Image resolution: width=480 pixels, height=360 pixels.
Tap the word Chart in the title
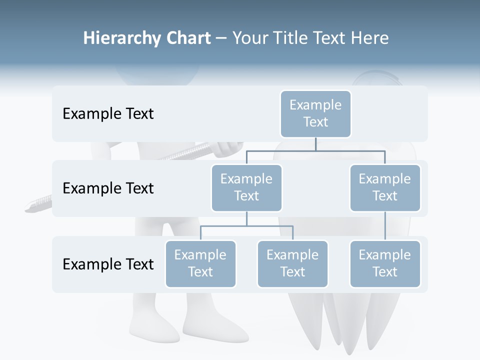tap(188, 38)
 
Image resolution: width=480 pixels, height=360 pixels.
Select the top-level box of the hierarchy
tap(315, 113)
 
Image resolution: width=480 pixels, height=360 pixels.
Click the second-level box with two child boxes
tap(246, 187)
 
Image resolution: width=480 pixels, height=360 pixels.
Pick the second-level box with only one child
tap(385, 187)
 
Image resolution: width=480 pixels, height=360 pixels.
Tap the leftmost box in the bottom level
tap(200, 263)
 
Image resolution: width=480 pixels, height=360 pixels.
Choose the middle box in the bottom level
tap(292, 263)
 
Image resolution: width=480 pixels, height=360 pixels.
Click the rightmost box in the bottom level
tap(385, 263)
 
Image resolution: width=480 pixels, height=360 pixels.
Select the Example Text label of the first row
tap(108, 113)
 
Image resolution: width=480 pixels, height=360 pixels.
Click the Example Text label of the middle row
tap(108, 188)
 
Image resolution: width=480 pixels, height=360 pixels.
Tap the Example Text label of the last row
tap(108, 264)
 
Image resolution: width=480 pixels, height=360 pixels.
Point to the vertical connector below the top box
tap(315, 144)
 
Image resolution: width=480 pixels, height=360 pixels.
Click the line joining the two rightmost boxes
tap(385, 226)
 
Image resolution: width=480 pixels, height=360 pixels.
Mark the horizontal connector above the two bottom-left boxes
tap(246, 226)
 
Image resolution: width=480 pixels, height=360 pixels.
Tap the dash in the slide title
tap(221, 38)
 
